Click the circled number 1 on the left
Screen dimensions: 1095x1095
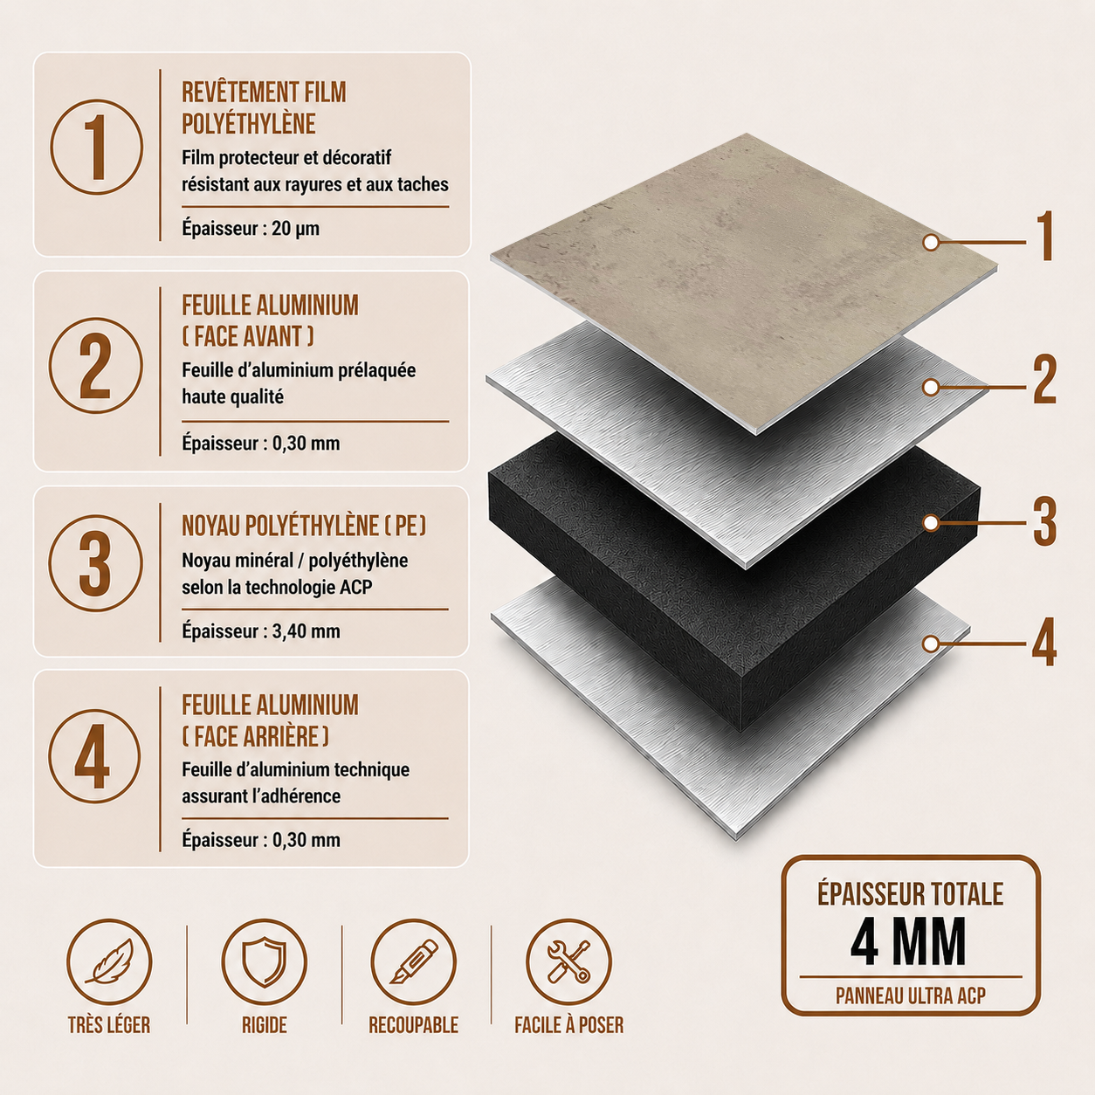pos(96,148)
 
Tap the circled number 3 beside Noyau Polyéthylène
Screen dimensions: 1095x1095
pos(95,562)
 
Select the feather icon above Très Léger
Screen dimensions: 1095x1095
pos(109,962)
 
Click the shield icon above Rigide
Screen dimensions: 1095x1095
pos(265,962)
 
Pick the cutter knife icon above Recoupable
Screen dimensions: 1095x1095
pos(414,962)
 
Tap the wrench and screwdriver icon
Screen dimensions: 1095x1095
pos(568,962)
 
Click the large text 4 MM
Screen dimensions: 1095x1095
pos(909,942)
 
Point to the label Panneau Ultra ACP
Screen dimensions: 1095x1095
pos(911,995)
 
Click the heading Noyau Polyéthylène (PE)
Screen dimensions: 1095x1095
pos(304,526)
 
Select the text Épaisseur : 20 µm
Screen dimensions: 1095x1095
pos(251,229)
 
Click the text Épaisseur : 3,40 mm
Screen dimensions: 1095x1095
pos(261,630)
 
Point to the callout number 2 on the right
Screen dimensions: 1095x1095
pos(1043,379)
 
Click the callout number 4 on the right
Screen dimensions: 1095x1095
pos(1043,642)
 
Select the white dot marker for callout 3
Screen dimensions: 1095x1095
pos(931,523)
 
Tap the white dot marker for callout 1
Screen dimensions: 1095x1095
pos(931,243)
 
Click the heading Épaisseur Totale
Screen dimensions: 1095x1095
pos(911,894)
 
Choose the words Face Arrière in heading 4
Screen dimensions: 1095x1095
pos(256,736)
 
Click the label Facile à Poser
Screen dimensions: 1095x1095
pos(568,1025)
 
